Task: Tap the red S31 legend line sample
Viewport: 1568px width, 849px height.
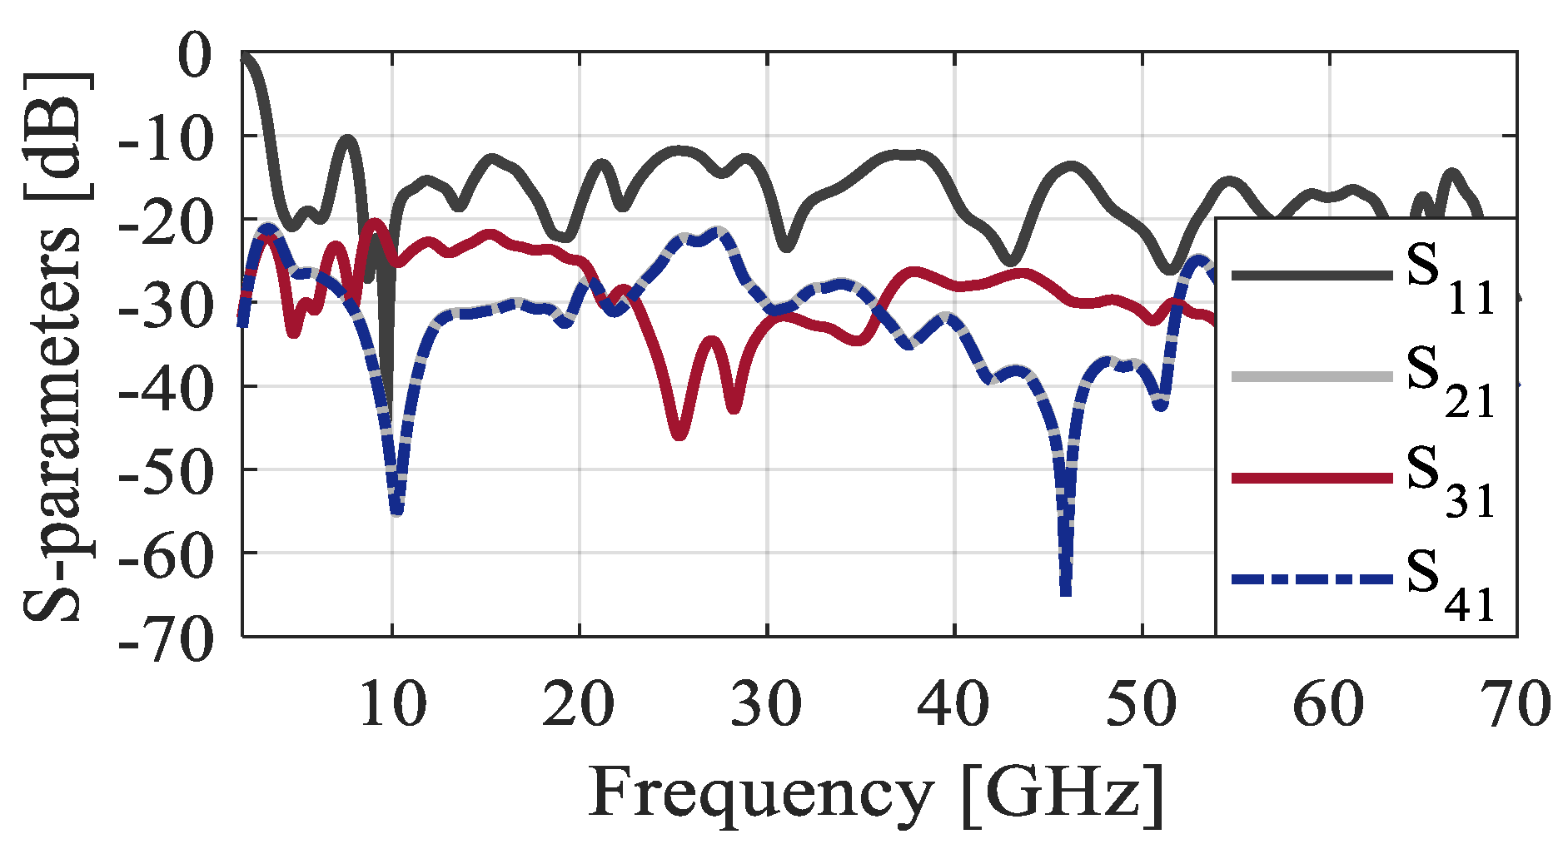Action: point(1312,478)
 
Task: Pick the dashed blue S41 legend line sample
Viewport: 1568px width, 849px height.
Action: point(1312,579)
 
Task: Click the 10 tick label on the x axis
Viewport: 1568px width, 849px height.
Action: point(392,705)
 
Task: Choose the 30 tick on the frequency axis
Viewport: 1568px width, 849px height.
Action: point(767,705)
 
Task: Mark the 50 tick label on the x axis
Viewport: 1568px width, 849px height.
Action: point(1142,705)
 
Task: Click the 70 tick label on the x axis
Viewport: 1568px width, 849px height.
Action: point(1516,705)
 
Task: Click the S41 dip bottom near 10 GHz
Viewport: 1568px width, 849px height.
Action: point(396,509)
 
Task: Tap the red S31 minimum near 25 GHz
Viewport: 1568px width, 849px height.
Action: point(679,434)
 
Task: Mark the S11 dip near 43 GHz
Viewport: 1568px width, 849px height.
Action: point(1010,261)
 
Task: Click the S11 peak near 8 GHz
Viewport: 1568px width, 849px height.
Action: point(348,141)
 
